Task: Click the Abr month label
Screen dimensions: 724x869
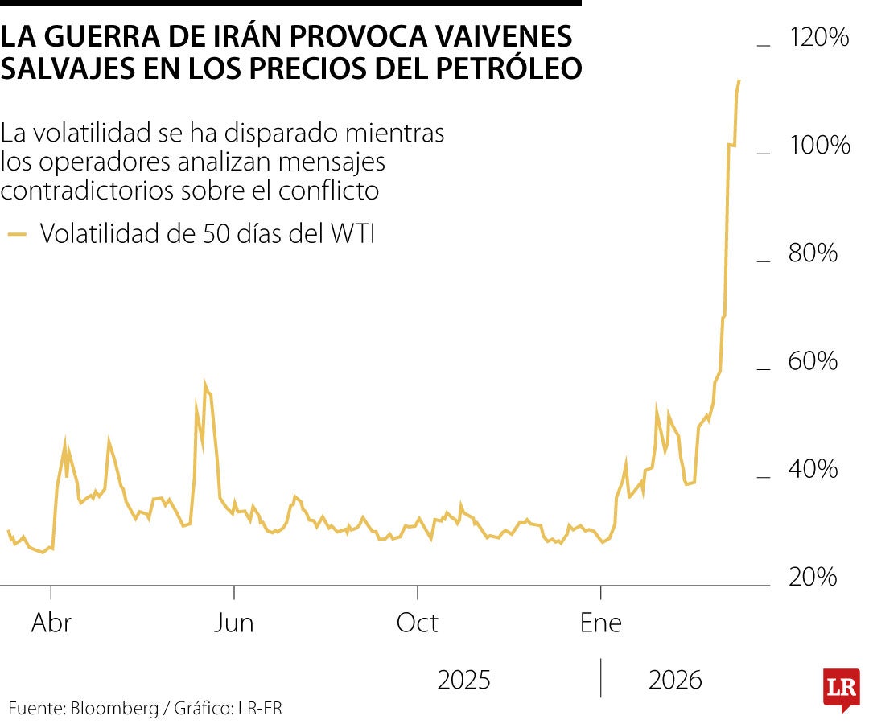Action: [x=51, y=623]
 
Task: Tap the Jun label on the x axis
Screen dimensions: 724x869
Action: [x=234, y=623]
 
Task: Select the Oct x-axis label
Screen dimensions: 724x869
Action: [x=418, y=623]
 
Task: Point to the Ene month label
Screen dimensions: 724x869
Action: [x=601, y=623]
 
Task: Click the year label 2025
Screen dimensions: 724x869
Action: [x=463, y=681]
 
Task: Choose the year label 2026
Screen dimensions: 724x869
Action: [x=675, y=681]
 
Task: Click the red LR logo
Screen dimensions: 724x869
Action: [x=841, y=688]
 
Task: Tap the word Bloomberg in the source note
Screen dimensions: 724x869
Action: [x=115, y=709]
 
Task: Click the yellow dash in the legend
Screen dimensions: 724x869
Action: [x=17, y=234]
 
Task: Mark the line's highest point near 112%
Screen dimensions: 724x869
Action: [x=739, y=80]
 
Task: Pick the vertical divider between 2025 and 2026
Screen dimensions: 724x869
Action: [x=601, y=678]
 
